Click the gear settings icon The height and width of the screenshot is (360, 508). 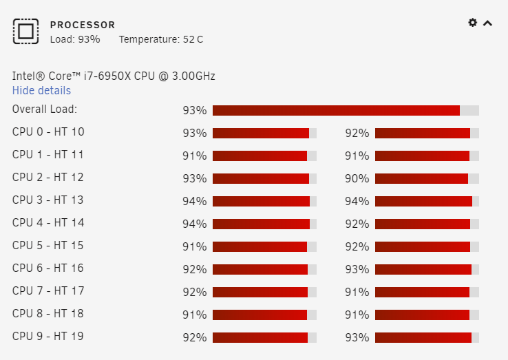coord(473,22)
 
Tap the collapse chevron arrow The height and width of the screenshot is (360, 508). coord(487,23)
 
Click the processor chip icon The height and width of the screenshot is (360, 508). coord(26,31)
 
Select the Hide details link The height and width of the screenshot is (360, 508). coord(41,90)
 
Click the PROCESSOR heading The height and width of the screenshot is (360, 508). coord(83,25)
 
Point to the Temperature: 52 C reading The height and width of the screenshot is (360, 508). coord(161,39)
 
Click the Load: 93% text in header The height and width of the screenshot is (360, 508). coord(75,39)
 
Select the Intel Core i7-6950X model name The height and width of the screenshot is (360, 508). coord(114,76)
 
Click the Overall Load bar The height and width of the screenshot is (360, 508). coord(346,111)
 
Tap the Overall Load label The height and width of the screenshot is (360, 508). coord(45,109)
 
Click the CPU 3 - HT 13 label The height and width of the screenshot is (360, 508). coord(48,200)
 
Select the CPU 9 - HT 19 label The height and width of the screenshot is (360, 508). coord(48,336)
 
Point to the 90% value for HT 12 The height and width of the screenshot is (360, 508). coord(357,178)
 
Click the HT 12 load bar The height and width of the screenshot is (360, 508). coord(427,178)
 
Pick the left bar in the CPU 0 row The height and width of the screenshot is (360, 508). coord(264,133)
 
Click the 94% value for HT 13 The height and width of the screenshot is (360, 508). coord(357,201)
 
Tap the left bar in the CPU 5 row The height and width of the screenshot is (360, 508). coord(264,246)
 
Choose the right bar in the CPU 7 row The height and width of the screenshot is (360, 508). coord(427,292)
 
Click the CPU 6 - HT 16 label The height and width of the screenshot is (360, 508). coord(48,268)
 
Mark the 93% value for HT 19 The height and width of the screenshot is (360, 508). coord(357,337)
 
